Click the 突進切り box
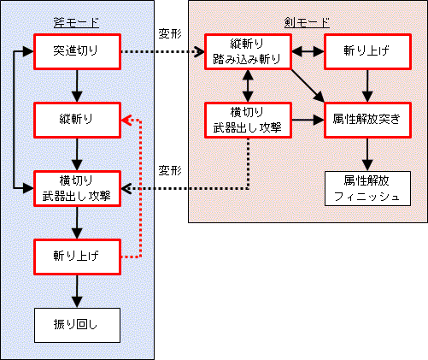click(77, 51)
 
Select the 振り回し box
click(77, 325)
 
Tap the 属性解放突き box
click(367, 120)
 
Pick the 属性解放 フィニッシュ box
click(367, 188)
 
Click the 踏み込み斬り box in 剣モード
click(248, 51)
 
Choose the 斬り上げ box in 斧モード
click(77, 257)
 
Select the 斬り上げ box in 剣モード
click(367, 51)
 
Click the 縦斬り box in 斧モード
click(77, 120)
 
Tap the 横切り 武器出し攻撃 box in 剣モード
click(248, 120)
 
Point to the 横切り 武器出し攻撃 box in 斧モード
click(77, 188)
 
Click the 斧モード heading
click(76, 22)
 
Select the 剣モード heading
click(307, 22)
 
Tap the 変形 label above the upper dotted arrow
click(170, 34)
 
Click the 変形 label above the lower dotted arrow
click(170, 171)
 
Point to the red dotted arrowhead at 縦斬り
click(126, 120)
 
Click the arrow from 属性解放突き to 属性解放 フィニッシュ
click(367, 155)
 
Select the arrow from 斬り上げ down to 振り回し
click(77, 292)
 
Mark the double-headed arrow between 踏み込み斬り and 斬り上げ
click(308, 51)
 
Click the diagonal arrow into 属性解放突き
click(308, 86)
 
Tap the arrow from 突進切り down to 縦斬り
click(77, 86)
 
